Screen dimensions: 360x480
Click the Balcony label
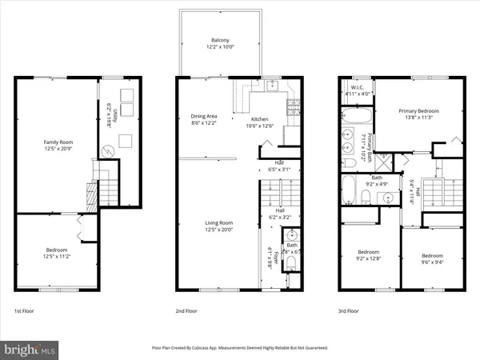click(x=221, y=40)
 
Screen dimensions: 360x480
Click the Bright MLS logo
click(x=30, y=350)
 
